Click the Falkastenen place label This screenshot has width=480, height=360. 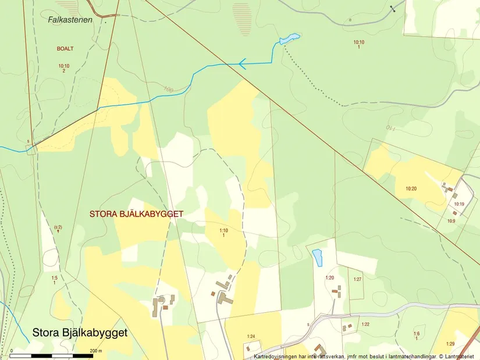(x=67, y=19)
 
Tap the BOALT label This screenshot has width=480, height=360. (x=65, y=49)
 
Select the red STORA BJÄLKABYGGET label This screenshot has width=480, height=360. (x=137, y=214)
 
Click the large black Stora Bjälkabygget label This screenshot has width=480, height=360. (x=80, y=333)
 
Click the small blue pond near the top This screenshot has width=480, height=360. (x=289, y=39)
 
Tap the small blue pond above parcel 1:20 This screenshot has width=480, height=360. (x=317, y=258)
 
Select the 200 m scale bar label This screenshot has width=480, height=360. (x=95, y=351)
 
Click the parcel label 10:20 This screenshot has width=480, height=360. (x=411, y=188)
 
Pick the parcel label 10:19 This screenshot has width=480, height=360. (x=459, y=204)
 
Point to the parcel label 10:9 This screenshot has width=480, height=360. (x=451, y=221)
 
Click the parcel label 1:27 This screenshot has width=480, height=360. (x=357, y=280)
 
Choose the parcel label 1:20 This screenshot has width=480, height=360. (x=330, y=277)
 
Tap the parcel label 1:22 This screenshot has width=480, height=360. (x=365, y=324)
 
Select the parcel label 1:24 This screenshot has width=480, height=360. (x=251, y=336)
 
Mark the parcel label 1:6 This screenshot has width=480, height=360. (x=417, y=334)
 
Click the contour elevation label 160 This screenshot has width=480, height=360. (x=169, y=90)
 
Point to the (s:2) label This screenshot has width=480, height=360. (x=58, y=227)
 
